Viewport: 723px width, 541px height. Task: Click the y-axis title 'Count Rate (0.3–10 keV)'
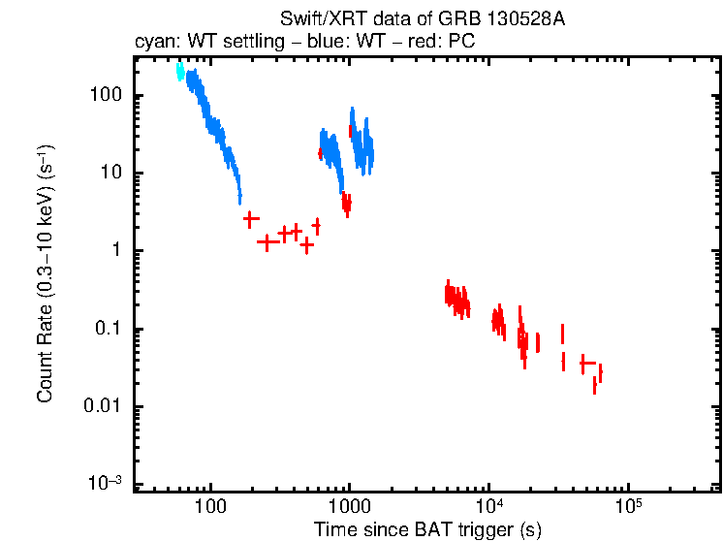(45, 272)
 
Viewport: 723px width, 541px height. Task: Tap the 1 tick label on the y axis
(114, 251)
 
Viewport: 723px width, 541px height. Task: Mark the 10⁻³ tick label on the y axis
(104, 483)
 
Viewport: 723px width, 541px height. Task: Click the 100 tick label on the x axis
(210, 505)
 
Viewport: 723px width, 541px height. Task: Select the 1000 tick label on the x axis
(350, 505)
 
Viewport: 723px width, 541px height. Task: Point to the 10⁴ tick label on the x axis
(489, 504)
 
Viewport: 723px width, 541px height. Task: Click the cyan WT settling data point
(180, 71)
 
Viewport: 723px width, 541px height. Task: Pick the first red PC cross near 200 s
(251, 219)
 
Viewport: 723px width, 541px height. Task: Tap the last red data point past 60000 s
(600, 373)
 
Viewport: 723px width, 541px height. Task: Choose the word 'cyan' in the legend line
(151, 44)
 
